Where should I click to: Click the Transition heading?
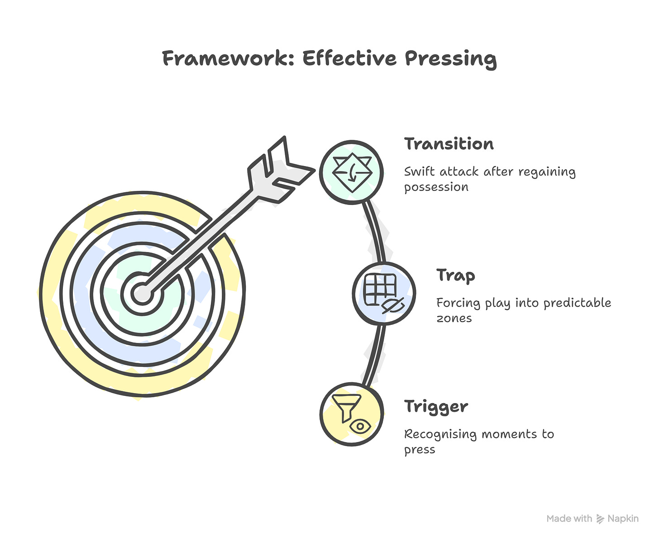[449, 144]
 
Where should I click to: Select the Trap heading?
[455, 275]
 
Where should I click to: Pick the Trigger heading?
[436, 407]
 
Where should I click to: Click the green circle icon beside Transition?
[352, 172]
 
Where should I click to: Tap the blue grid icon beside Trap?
[384, 293]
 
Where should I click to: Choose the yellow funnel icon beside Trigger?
[352, 414]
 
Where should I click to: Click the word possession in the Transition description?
[436, 187]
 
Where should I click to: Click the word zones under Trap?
[454, 319]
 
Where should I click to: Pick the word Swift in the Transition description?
[419, 172]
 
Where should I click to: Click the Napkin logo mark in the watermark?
[600, 519]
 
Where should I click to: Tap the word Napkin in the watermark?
[623, 519]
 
